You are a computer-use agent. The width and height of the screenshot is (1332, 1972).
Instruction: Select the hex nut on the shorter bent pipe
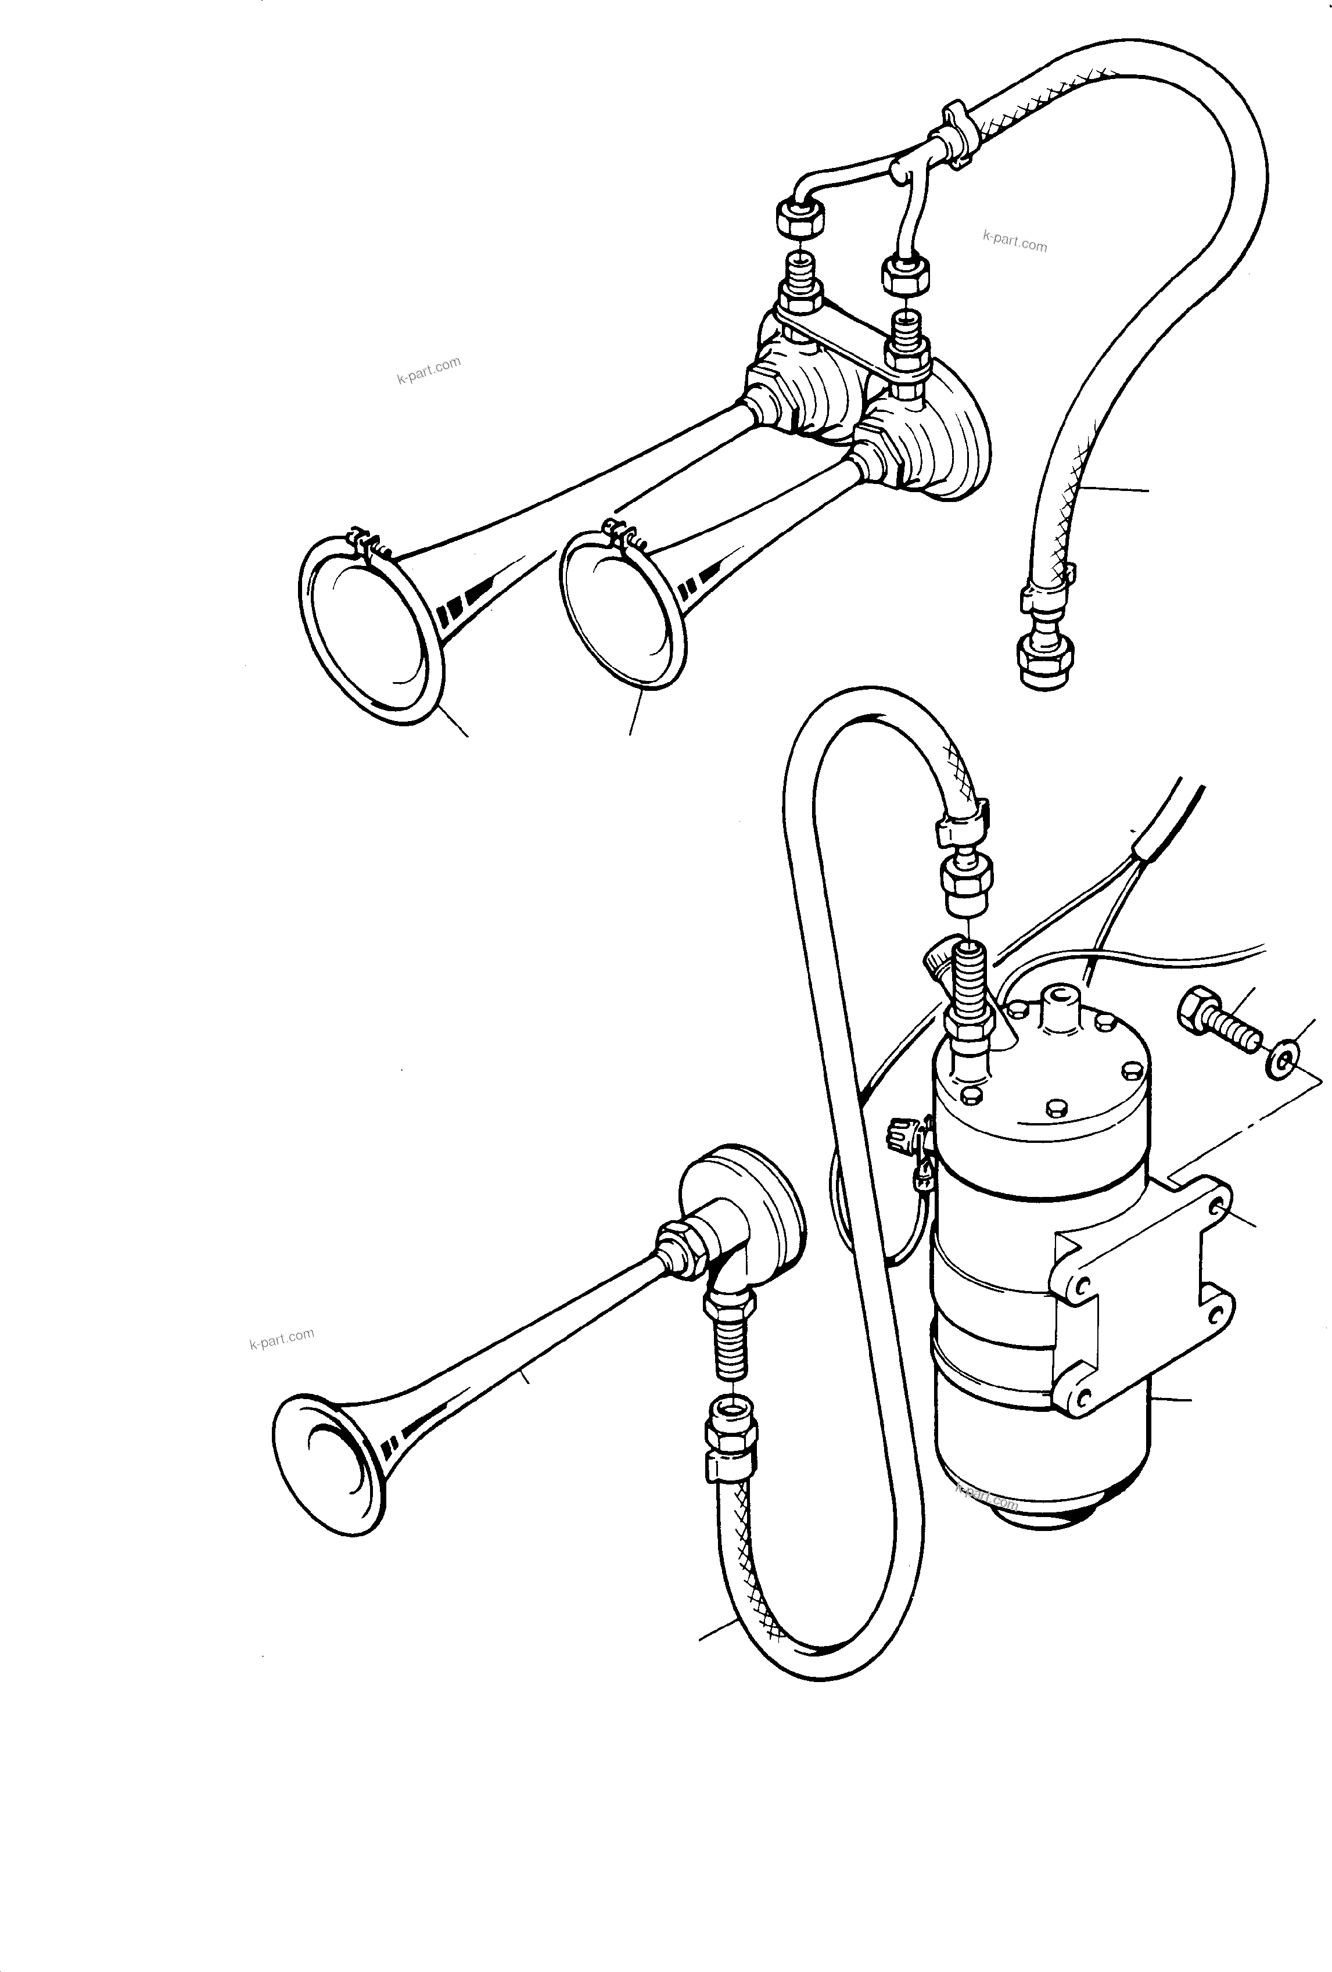(906, 274)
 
